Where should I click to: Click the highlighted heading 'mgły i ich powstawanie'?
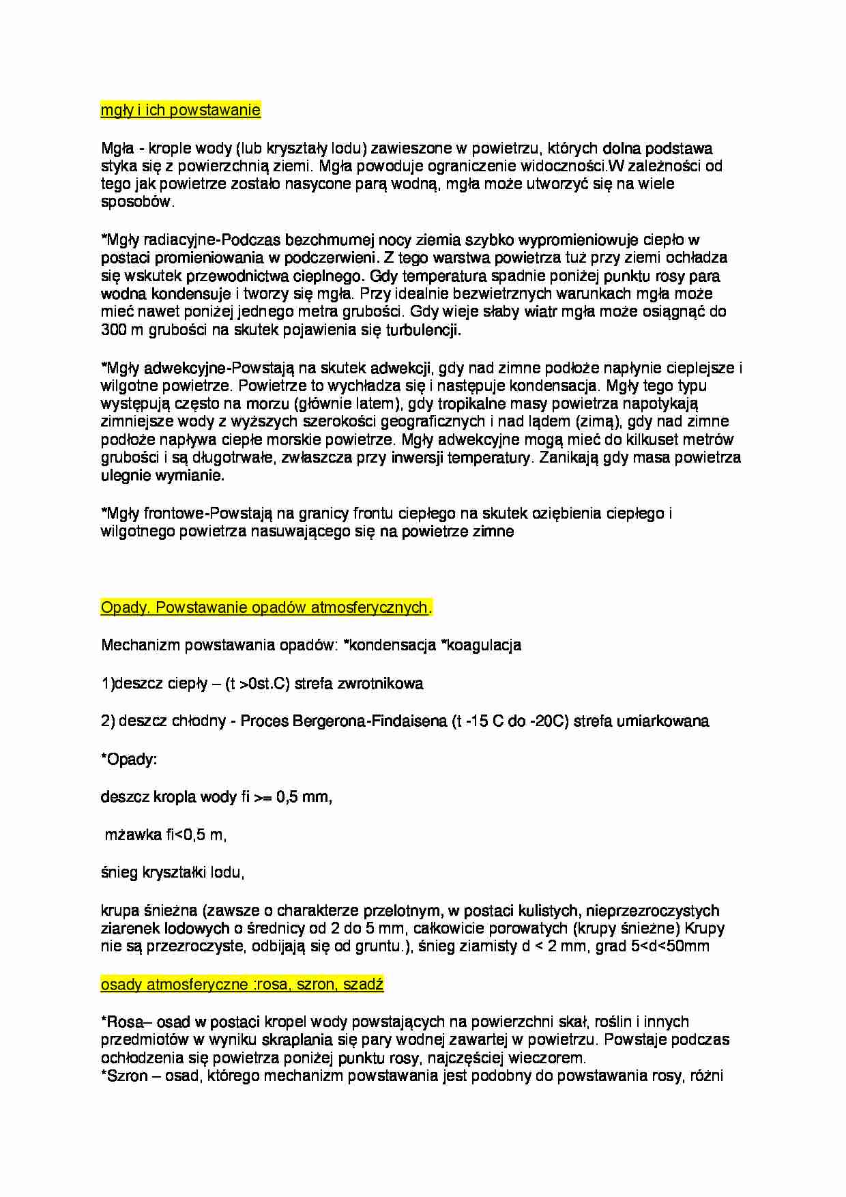point(180,110)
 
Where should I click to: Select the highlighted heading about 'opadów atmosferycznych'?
point(265,607)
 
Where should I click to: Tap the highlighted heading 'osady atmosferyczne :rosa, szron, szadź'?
point(242,984)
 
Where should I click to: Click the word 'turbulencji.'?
point(424,330)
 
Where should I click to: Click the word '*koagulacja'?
point(482,646)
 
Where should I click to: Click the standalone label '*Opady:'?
point(129,760)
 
